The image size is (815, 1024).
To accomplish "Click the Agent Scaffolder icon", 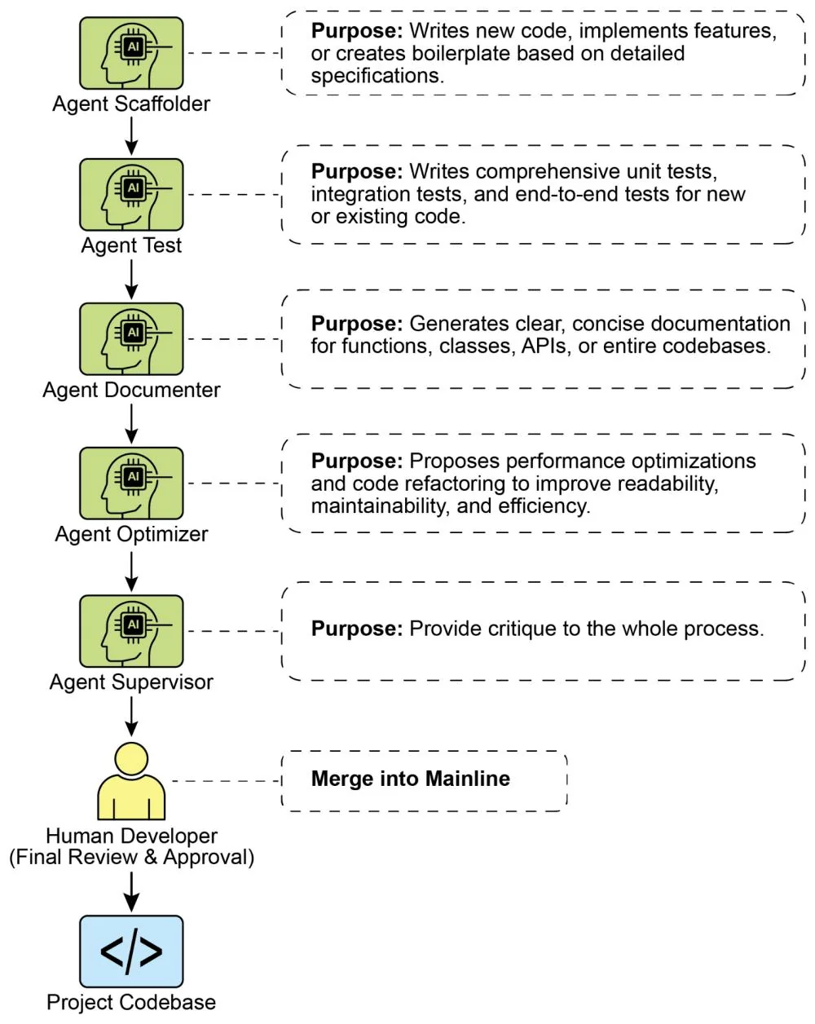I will pyautogui.click(x=131, y=53).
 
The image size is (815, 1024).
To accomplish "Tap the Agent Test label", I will pyautogui.click(x=131, y=245).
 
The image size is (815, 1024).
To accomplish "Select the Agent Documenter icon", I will pyautogui.click(x=131, y=338).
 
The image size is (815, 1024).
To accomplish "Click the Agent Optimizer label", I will pyautogui.click(x=131, y=534).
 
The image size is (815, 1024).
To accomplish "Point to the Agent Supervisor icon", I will pyautogui.click(x=131, y=630).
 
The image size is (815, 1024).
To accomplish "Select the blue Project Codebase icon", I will pyautogui.click(x=131, y=951).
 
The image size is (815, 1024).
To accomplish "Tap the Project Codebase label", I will pyautogui.click(x=131, y=1002).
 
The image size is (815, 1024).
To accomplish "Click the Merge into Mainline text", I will pyautogui.click(x=410, y=779).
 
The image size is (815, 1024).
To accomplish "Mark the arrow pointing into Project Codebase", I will pyautogui.click(x=131, y=892).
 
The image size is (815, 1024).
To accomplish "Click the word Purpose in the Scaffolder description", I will pyautogui.click(x=356, y=31).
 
